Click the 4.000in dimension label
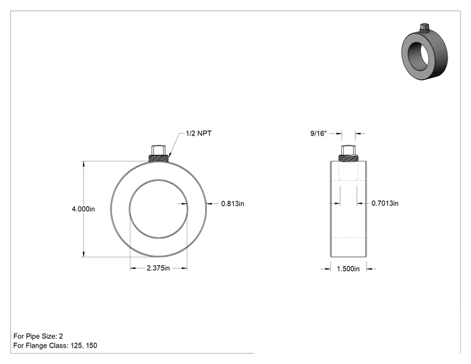click(x=83, y=209)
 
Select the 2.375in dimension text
click(x=158, y=268)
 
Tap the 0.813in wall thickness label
click(x=232, y=204)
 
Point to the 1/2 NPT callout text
click(x=199, y=134)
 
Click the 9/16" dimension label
click(x=318, y=134)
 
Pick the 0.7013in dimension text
click(x=385, y=203)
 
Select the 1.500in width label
click(x=348, y=269)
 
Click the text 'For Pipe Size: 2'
click(x=38, y=336)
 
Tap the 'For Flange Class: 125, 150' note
click(x=55, y=346)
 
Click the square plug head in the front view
click(x=158, y=149)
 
